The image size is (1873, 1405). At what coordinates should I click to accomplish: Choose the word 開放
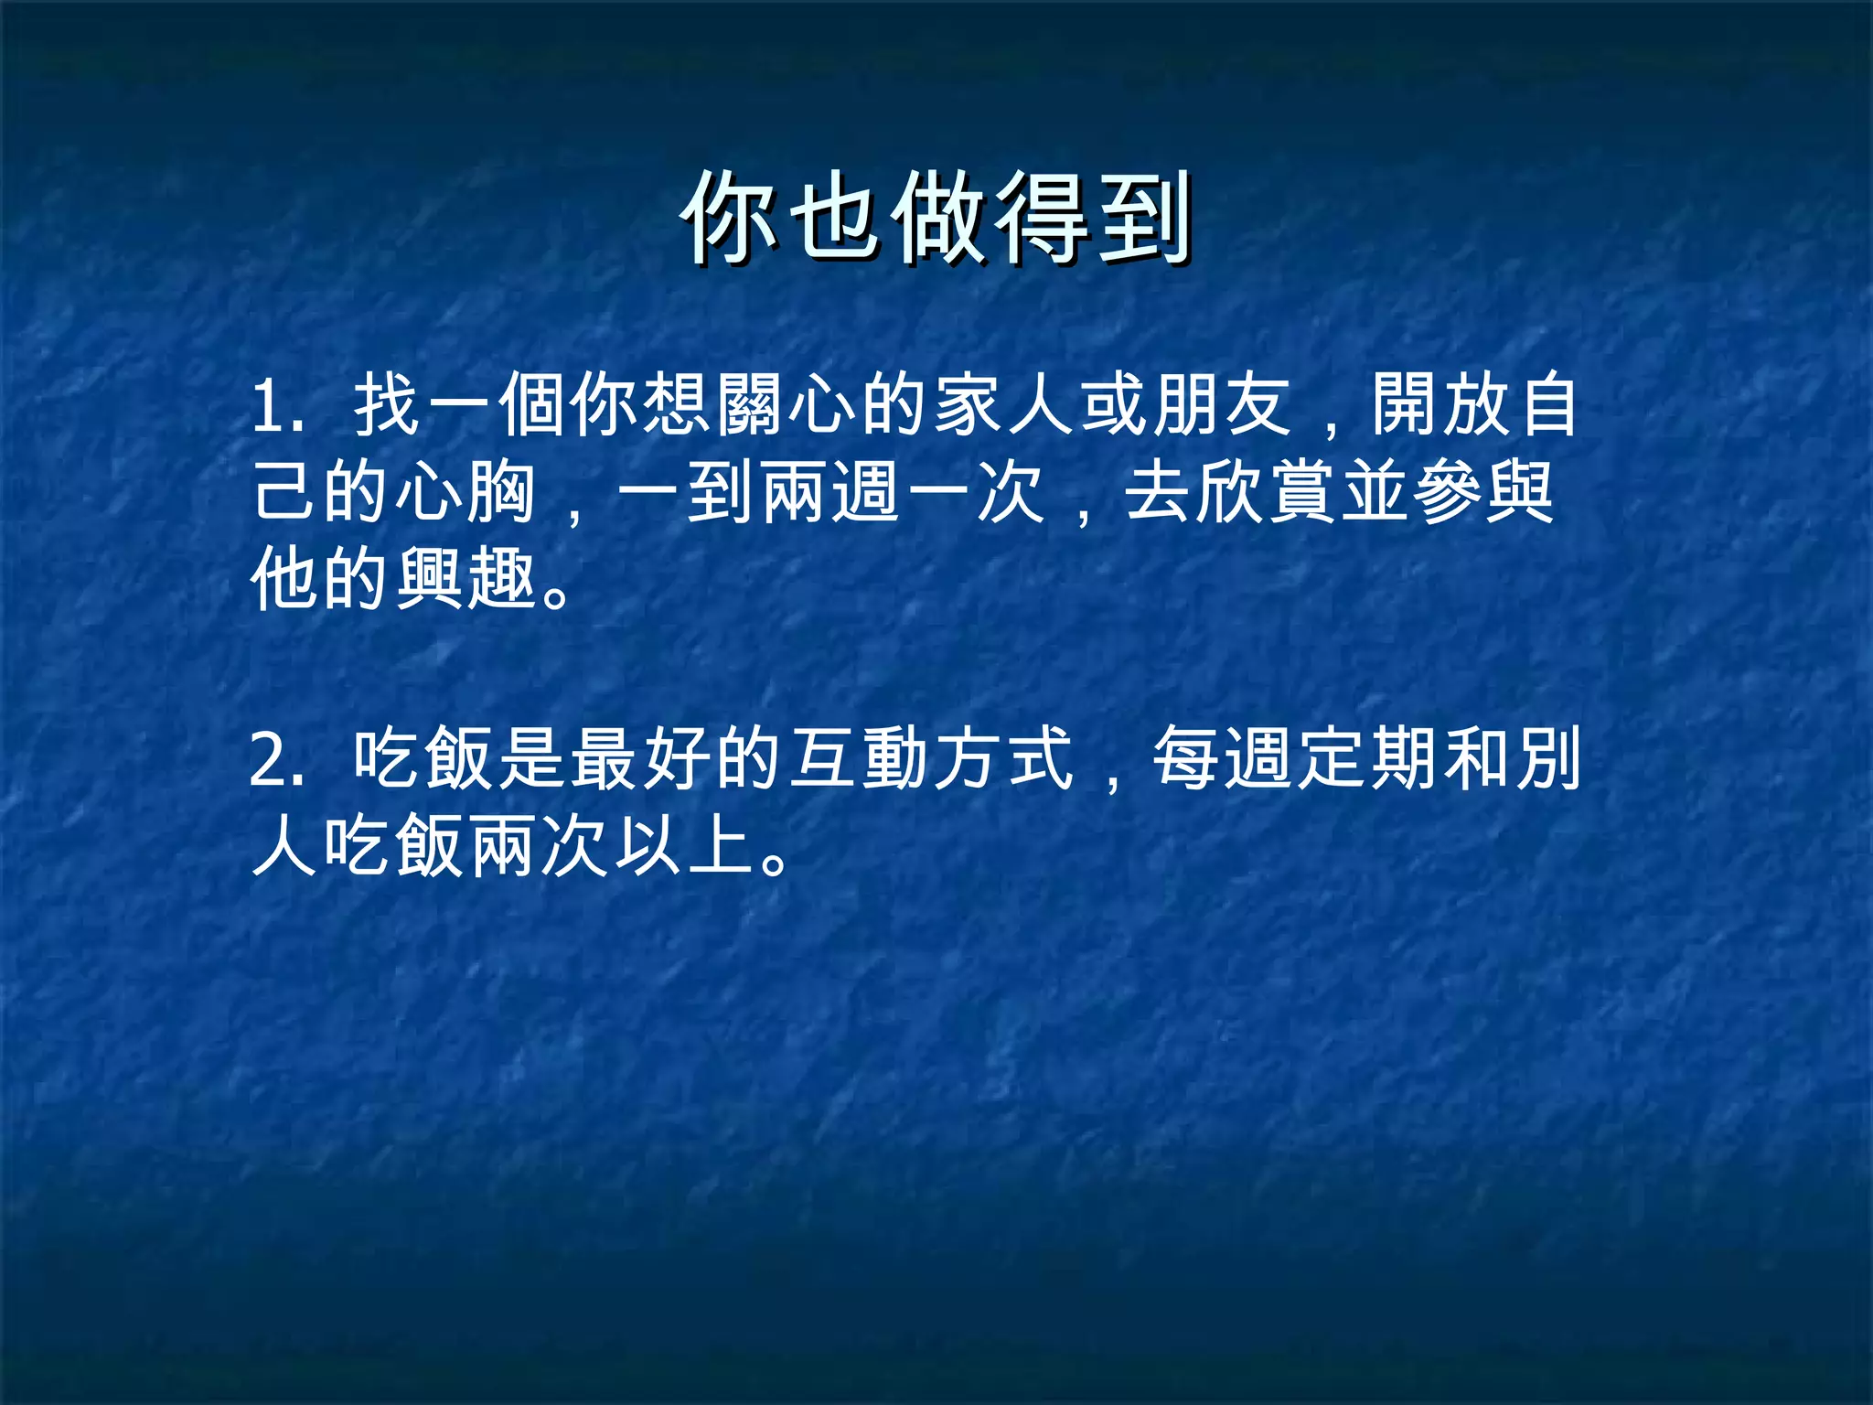click(1441, 405)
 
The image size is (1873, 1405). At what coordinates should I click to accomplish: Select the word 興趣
click(466, 580)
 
